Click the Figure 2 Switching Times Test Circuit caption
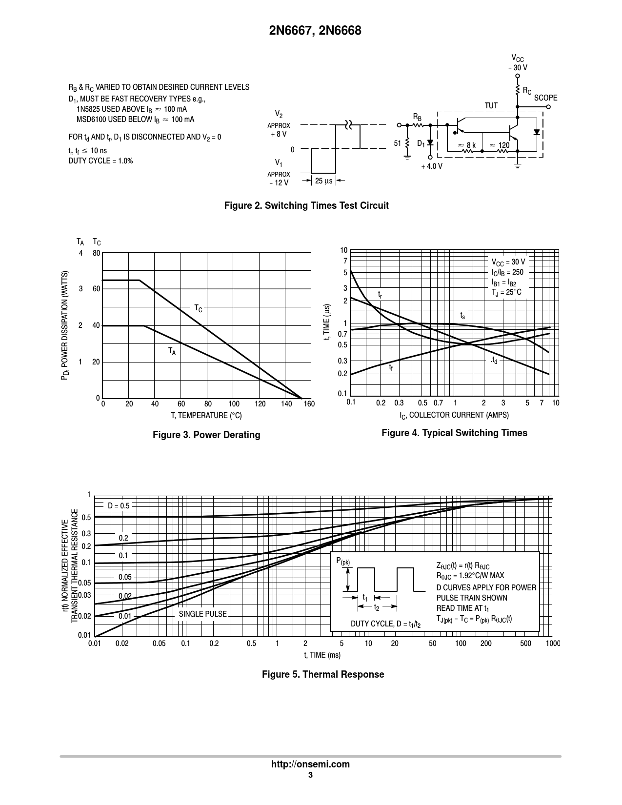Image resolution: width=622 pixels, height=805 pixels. [306, 205]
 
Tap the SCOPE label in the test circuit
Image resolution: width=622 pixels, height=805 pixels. [545, 98]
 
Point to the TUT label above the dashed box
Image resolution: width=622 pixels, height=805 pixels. [491, 106]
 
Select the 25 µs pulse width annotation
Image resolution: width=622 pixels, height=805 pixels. [323, 181]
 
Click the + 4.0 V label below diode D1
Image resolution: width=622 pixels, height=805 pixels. [432, 166]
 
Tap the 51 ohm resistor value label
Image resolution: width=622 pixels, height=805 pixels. [397, 143]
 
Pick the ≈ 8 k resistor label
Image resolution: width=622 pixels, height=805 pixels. [467, 145]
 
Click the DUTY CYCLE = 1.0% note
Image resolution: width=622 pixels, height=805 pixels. [100, 161]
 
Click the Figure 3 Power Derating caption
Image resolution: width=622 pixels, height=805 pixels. [206, 435]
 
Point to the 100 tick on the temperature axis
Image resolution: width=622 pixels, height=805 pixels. [234, 404]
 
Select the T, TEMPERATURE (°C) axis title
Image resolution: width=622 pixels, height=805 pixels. [206, 416]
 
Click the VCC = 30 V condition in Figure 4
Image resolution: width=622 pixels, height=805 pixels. [508, 262]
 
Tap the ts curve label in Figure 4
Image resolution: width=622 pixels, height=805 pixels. [462, 316]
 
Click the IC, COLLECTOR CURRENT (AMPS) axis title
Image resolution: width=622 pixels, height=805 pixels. [454, 415]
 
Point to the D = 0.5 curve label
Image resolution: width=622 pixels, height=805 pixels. [119, 506]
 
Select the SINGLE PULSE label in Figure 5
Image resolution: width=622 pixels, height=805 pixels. [202, 614]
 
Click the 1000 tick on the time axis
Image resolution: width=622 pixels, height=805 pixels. [552, 644]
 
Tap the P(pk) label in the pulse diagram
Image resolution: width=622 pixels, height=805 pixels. [343, 562]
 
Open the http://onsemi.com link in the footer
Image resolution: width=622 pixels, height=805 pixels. [310, 765]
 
